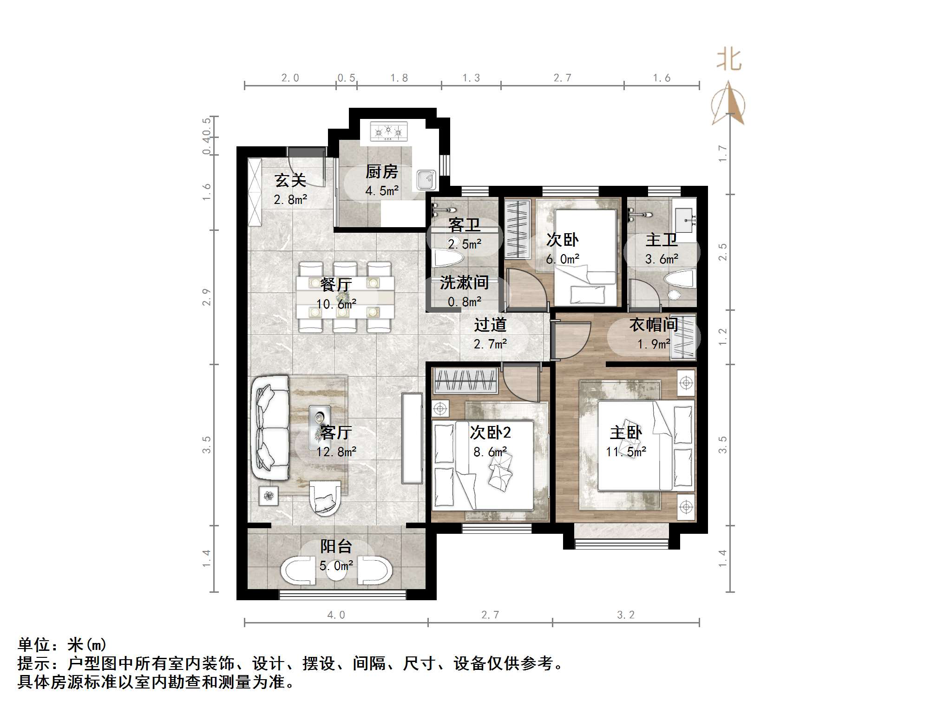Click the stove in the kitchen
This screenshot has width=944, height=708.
(388, 131)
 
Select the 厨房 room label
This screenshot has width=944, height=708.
(381, 172)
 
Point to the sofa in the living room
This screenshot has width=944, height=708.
(270, 427)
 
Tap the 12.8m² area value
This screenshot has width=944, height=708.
(336, 452)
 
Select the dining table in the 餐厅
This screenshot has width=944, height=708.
(345, 297)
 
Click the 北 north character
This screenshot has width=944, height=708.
(728, 60)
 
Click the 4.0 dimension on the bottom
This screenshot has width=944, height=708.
(336, 615)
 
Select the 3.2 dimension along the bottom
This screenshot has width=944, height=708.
(625, 615)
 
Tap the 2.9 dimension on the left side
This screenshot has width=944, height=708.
(207, 297)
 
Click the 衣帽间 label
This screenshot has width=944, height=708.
(654, 325)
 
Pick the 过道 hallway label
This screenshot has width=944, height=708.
(490, 325)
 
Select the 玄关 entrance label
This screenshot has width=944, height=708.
(290, 180)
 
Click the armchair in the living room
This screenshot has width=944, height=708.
(325, 497)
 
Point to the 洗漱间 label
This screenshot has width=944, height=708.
(464, 282)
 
